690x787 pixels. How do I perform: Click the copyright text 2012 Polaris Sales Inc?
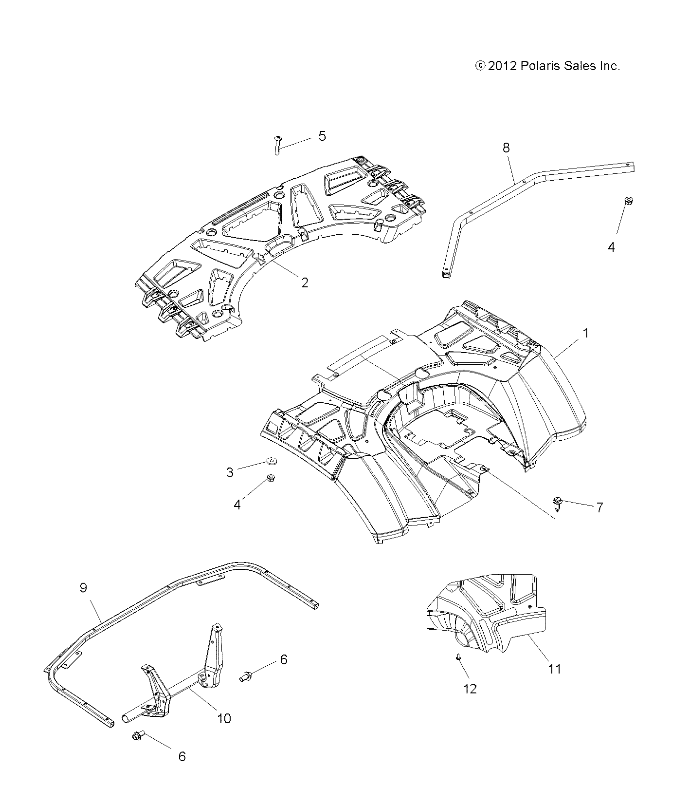tap(547, 66)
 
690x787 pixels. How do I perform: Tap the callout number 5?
tap(322, 136)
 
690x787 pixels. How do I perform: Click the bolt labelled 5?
tap(277, 145)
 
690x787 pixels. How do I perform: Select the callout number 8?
tap(506, 148)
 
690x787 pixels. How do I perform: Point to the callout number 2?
tap(305, 282)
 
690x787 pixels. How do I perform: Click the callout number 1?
tap(586, 333)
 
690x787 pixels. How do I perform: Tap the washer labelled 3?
tap(270, 460)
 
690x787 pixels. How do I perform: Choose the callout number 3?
tap(230, 472)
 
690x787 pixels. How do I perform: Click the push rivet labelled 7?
tap(558, 502)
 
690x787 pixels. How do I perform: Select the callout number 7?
tap(599, 507)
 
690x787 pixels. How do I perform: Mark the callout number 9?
tap(83, 588)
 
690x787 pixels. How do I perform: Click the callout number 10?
tap(224, 718)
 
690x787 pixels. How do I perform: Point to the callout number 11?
tap(555, 669)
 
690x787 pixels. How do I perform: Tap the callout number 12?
tap(471, 689)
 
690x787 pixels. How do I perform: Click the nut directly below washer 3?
tap(272, 478)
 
